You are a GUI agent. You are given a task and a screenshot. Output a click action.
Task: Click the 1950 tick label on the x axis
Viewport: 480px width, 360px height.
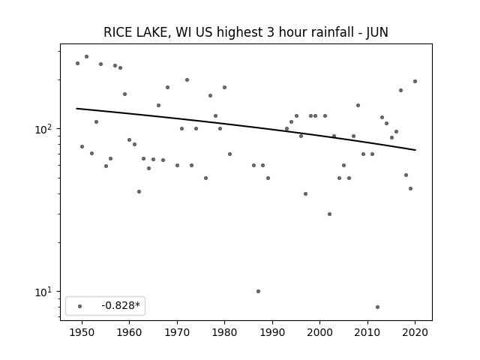tap(82, 332)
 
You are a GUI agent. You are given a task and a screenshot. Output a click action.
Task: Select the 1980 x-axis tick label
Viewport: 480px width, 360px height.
tap(224, 332)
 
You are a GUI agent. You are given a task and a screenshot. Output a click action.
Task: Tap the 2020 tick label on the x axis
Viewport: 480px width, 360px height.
tap(415, 332)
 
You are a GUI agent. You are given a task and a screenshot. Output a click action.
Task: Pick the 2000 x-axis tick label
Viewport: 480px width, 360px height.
tap(320, 332)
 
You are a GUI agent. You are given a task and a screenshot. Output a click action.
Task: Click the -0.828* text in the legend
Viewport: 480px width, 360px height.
tap(121, 305)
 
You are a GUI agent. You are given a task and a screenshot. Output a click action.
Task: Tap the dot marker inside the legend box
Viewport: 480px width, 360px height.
tap(80, 306)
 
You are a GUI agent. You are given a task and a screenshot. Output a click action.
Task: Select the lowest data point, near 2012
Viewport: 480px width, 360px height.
tap(377, 307)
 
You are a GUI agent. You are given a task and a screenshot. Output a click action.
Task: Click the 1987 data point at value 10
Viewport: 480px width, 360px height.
tap(258, 292)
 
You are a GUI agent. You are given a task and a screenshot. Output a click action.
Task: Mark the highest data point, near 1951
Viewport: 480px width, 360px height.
tap(87, 57)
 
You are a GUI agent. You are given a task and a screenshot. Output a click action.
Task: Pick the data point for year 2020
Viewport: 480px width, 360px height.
tap(415, 82)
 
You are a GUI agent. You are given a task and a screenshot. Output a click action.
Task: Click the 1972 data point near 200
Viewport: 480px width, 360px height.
tap(187, 80)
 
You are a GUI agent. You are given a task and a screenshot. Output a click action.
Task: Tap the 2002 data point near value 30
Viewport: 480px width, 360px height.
tap(329, 214)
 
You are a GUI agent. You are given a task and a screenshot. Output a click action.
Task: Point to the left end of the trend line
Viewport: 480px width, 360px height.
tap(76, 108)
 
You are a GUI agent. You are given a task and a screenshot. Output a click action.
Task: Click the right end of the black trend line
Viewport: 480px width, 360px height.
tap(415, 150)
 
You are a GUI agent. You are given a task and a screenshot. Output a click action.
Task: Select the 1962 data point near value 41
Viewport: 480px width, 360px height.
tap(139, 192)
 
